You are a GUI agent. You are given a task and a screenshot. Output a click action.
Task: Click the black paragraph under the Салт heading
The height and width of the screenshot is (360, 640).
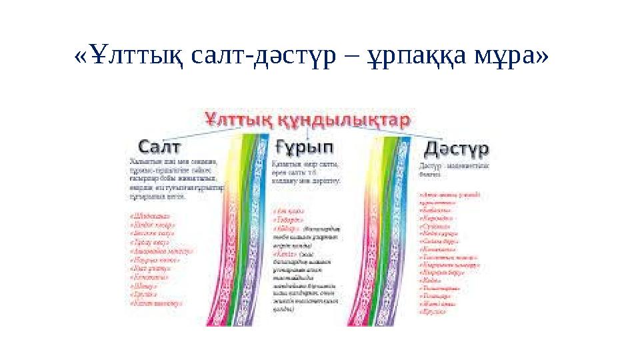pyautogui.click(x=175, y=179)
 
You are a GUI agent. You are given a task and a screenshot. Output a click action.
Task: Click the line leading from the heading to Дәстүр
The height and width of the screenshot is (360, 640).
pyautogui.click(x=424, y=134)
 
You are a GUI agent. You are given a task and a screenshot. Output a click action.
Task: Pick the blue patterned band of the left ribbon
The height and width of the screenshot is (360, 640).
pyautogui.click(x=258, y=220)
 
